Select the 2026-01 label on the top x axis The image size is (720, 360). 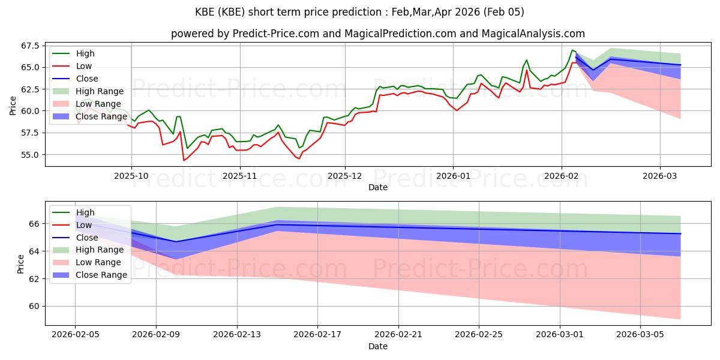452,176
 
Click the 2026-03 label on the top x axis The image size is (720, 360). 660,176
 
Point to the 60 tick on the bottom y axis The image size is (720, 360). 34,306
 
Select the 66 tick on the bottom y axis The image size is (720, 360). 34,224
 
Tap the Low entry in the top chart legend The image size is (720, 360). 84,66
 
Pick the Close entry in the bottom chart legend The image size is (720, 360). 87,238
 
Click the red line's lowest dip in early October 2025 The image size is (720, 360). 184,160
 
